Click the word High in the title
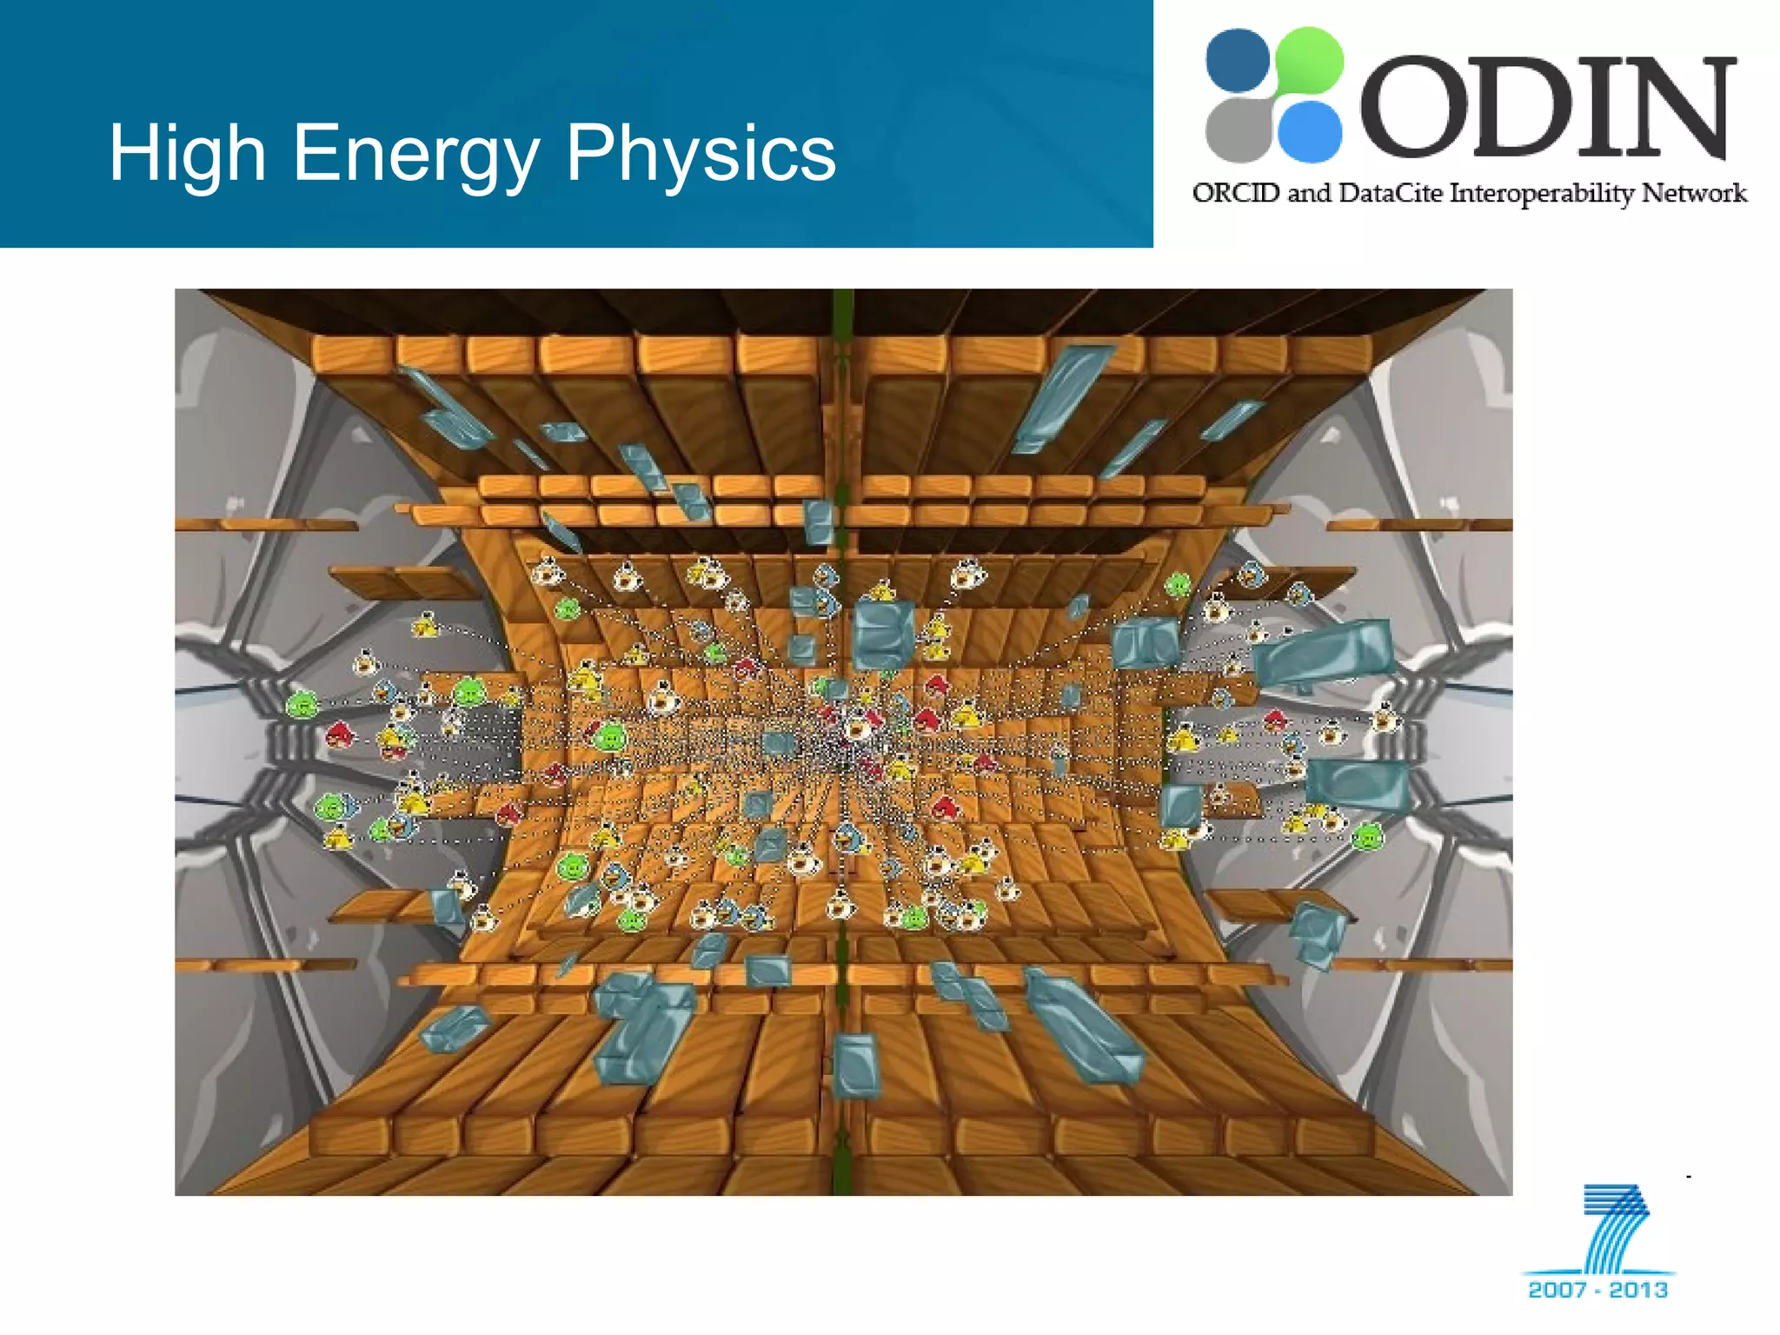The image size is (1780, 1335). coord(187,153)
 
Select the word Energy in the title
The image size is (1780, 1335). coord(415,155)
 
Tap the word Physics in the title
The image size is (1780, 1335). coord(701,153)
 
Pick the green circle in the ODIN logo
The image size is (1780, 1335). coord(1309,59)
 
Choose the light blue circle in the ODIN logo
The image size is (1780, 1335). coord(1310,131)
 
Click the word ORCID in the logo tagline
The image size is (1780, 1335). coord(1236,192)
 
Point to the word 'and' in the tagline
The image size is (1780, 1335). coord(1309,192)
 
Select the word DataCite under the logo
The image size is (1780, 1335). coord(1391,192)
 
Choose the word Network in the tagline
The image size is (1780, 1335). coord(1694,192)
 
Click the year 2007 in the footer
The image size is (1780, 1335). coord(1557,1289)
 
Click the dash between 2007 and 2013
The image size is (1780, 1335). coord(1597,1290)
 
